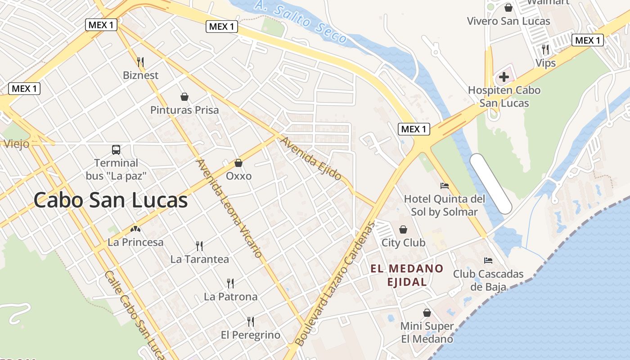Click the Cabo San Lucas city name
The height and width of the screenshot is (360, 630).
[x=110, y=200]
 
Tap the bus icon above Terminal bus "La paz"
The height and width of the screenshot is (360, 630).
[x=116, y=149]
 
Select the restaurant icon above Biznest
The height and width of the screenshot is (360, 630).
[x=140, y=62]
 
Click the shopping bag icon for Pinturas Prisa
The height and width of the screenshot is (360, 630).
[x=184, y=96]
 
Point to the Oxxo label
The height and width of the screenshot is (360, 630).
[x=238, y=176]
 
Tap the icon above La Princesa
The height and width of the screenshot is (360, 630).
[x=135, y=229]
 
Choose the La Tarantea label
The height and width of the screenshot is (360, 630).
[x=199, y=259]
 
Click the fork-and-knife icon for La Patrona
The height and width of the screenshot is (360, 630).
[x=230, y=283]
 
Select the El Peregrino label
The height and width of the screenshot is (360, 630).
[x=250, y=335]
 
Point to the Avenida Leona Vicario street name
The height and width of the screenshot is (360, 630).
[x=229, y=208]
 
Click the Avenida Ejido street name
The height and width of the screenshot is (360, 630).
[x=311, y=158]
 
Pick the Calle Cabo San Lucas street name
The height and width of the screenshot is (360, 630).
[x=135, y=315]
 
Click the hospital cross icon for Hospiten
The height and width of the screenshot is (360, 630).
[x=504, y=77]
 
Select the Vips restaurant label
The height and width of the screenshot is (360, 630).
[x=545, y=63]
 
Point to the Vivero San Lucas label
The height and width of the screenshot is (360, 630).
[x=508, y=21]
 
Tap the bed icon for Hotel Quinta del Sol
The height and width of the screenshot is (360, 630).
[x=445, y=185]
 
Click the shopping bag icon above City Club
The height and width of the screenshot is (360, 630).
[x=403, y=229]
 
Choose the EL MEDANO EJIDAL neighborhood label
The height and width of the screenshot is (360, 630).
[x=407, y=275]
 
